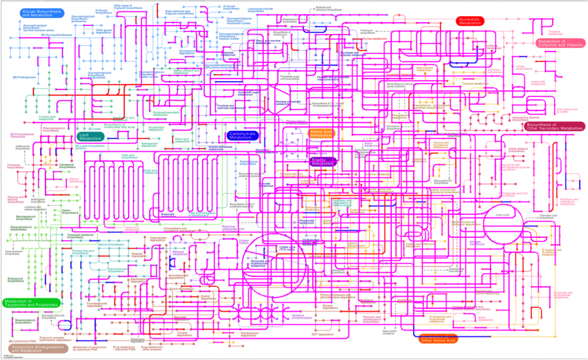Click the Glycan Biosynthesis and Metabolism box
pos(43,13)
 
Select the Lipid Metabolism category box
pos(90,136)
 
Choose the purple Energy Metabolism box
pos(322,161)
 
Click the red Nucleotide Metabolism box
pos(469,20)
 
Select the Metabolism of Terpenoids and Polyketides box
pos(31,302)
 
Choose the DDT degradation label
pos(322,333)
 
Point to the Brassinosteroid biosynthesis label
pos(23,321)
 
